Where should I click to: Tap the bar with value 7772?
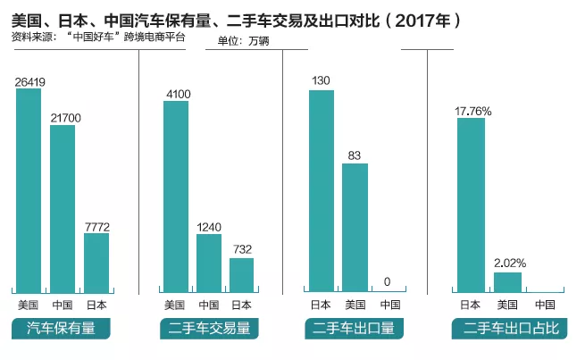[96, 262]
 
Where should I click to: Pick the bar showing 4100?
[176, 196]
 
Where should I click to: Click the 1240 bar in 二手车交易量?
[209, 262]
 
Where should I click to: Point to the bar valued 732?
[241, 274]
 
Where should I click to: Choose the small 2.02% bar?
[507, 280]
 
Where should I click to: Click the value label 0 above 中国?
[388, 282]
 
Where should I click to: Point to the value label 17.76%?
[473, 111]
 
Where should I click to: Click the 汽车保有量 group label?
[62, 329]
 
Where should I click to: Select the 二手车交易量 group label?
[210, 329]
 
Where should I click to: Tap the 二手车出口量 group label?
[355, 329]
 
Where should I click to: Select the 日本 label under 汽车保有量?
[96, 305]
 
